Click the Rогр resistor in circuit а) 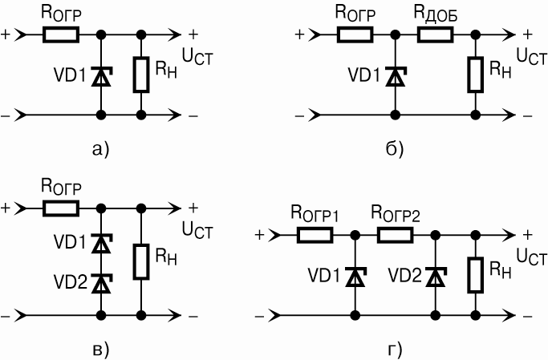(x=61, y=35)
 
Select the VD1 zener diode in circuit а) (x=101, y=76)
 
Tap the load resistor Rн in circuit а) (x=141, y=75)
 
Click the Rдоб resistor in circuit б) (x=435, y=35)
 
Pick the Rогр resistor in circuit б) (x=355, y=35)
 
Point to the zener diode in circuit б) (x=394, y=76)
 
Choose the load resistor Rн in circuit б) (x=475, y=75)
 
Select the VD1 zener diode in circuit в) (x=101, y=242)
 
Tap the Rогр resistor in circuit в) (x=61, y=208)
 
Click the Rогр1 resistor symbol (x=315, y=236)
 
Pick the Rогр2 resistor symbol (x=395, y=236)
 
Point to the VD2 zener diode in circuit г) (x=435, y=277)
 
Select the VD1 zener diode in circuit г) (x=355, y=277)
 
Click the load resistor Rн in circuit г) (x=475, y=275)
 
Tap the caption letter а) (x=100, y=149)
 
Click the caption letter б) (x=394, y=149)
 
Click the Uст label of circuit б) (x=532, y=56)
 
